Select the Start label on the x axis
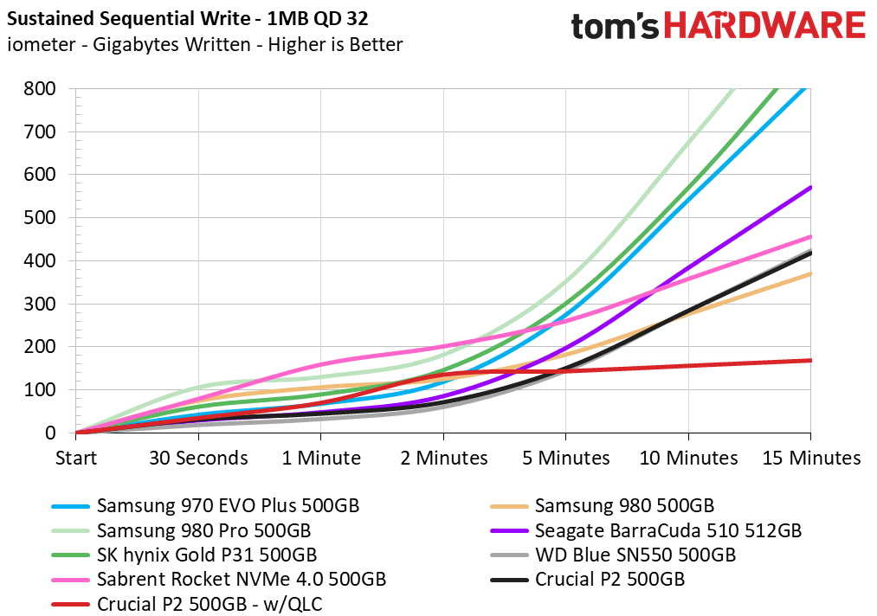pos(76,458)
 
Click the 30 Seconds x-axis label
pos(198,458)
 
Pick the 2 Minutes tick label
pos(444,458)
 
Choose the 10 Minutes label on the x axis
pos(688,458)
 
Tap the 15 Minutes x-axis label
pos(811,458)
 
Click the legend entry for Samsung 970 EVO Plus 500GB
pos(228,505)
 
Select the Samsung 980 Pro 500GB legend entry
pos(203,530)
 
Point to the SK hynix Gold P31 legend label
pos(207,555)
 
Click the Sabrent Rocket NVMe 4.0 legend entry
pos(242,579)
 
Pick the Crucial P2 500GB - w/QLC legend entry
pos(210,604)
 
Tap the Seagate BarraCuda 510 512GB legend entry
pos(668,530)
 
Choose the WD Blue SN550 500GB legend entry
pos(635,555)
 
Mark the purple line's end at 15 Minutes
pos(810,187)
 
